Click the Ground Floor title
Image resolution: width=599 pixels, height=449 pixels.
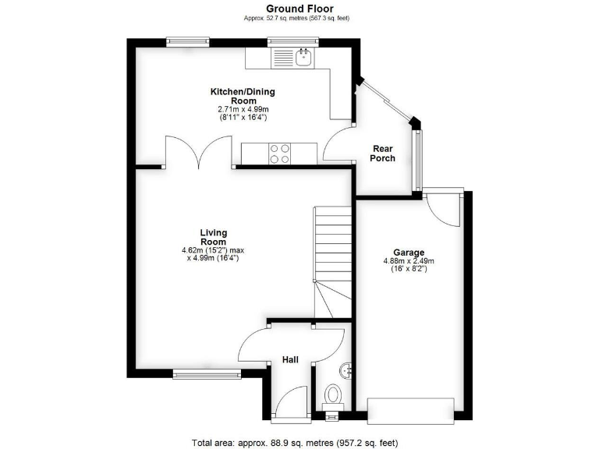(299, 9)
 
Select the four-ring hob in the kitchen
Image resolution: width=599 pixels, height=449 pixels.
(279, 154)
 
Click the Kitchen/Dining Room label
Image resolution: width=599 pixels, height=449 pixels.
(243, 96)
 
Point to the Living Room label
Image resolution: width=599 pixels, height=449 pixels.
(213, 237)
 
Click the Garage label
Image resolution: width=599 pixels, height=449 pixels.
(408, 253)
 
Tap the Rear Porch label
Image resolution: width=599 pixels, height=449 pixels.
(383, 154)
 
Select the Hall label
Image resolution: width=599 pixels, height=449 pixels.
(290, 359)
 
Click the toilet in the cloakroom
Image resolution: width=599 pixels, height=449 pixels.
(333, 394)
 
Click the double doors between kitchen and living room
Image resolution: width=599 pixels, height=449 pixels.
(198, 151)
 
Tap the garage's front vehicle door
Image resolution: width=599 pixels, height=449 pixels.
(410, 409)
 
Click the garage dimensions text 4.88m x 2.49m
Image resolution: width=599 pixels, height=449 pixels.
(408, 262)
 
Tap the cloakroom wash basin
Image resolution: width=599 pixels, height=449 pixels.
(347, 369)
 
